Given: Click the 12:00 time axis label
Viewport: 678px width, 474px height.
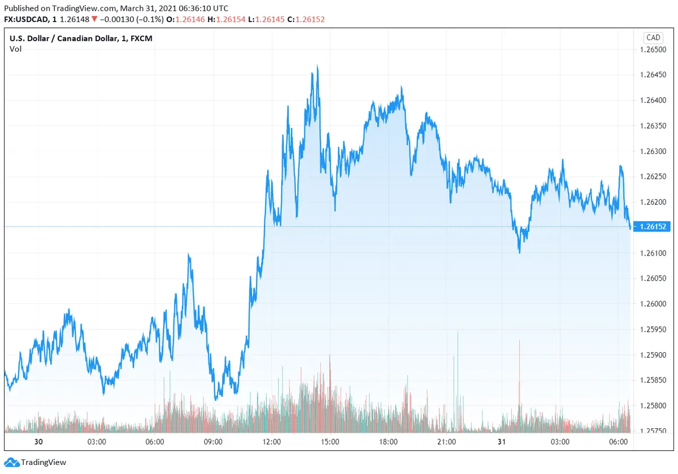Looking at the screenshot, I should tap(272, 441).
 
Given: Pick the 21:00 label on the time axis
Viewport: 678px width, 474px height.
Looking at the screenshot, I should tap(446, 441).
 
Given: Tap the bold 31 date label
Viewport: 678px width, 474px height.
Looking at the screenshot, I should tap(502, 441).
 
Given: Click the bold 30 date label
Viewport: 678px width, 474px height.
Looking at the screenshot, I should tap(39, 441).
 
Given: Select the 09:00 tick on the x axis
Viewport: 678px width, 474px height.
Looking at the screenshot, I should tap(213, 441).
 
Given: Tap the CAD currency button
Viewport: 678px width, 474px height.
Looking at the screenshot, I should tap(653, 38).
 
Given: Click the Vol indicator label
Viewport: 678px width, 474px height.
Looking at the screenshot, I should tap(15, 49).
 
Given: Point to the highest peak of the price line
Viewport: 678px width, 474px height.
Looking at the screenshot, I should tap(318, 66).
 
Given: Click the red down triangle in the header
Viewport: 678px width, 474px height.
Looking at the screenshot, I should tap(95, 20).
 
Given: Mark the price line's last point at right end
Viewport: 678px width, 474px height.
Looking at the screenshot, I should tap(630, 227).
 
